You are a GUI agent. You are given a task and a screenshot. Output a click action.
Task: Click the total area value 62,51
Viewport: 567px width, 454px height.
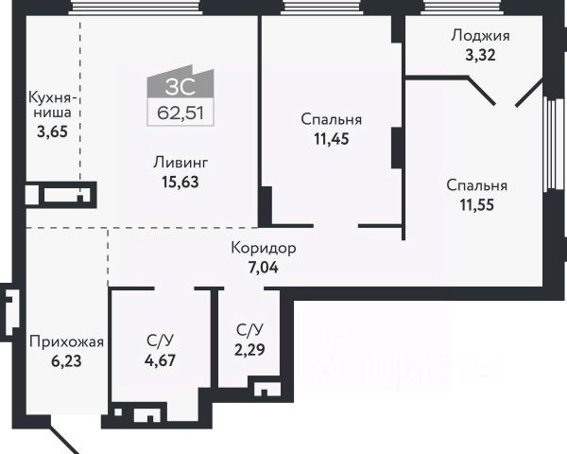click(180, 115)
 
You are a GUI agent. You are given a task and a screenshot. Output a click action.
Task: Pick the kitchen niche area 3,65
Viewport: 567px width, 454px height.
click(52, 131)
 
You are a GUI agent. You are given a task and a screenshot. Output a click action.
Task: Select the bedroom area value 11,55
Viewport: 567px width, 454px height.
click(477, 203)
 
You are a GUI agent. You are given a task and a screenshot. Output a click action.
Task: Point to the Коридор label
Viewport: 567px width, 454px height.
click(264, 249)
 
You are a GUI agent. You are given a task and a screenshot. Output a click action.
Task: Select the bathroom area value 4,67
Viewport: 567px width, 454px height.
click(159, 359)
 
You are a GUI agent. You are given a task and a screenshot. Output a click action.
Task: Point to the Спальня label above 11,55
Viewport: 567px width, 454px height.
click(477, 185)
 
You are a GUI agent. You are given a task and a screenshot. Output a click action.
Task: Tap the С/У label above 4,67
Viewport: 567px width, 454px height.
click(159, 341)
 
